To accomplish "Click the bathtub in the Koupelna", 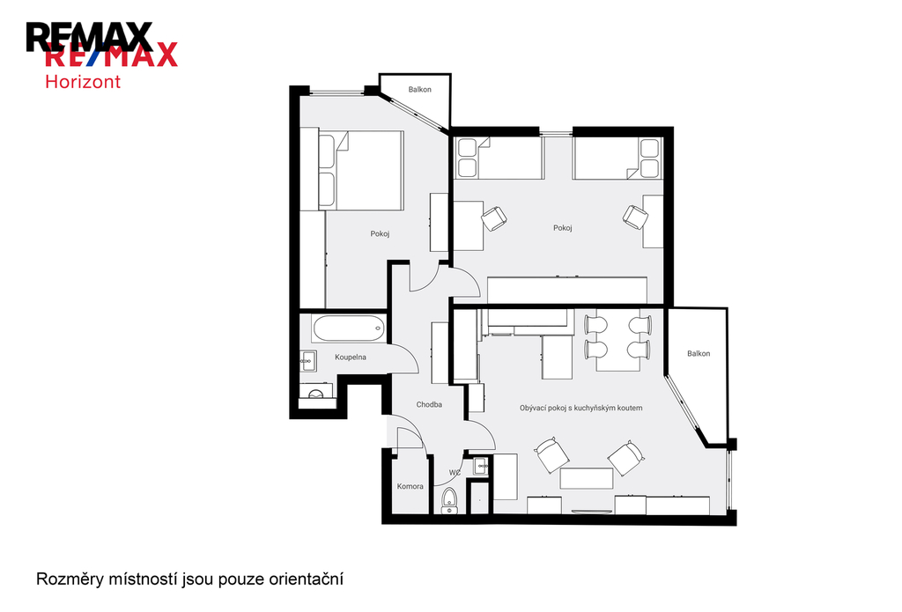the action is tap(349, 328).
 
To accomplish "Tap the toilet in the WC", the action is tap(448, 500).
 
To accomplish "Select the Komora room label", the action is tap(410, 486).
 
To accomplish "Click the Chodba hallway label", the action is tap(429, 404).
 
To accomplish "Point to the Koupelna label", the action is tap(351, 358).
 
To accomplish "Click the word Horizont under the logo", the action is tap(83, 82).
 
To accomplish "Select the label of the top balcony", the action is tap(420, 89).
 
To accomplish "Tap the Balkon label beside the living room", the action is tap(699, 353).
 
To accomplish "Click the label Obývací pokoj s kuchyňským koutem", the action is tap(581, 408).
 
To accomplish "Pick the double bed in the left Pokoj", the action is tap(360, 170).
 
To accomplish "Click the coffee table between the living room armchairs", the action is tap(586, 478).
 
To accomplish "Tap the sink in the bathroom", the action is tap(307, 361).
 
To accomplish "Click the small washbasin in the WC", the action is tap(480, 466).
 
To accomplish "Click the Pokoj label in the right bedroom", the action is tap(563, 228).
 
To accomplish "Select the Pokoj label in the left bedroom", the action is tap(380, 233).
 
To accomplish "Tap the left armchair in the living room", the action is tap(551, 454).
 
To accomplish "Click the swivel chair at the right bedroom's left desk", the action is tap(493, 218).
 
